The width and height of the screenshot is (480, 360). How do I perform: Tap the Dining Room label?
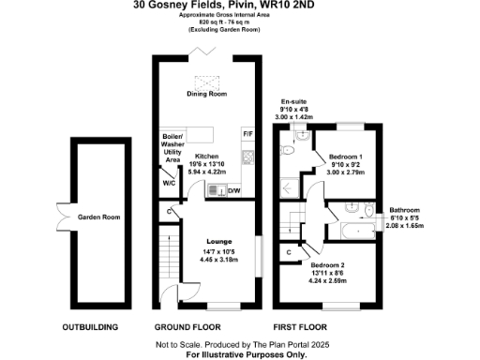tap(207, 95)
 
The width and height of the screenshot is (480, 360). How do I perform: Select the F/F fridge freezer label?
tap(247, 134)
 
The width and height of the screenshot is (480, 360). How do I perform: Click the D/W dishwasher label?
tap(235, 191)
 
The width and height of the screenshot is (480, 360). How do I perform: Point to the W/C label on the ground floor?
tap(169, 183)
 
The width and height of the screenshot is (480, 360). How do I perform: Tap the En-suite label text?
tap(293, 101)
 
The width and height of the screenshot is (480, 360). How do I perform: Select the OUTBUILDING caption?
tap(89, 327)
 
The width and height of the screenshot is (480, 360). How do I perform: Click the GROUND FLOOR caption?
tap(187, 327)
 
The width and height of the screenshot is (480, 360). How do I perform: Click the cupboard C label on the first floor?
tap(289, 252)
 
